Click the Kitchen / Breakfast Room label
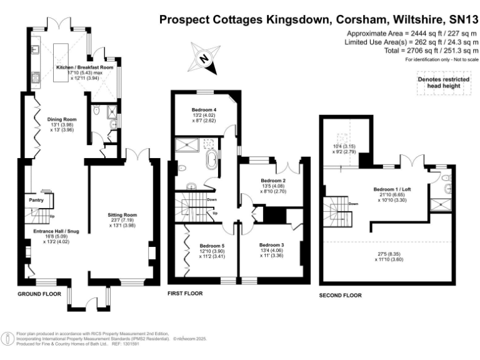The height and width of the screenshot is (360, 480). [x=84, y=67]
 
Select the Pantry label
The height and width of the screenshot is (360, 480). [x=36, y=200]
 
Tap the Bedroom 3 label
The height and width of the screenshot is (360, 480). [x=272, y=244]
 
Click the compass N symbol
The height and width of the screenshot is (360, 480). [x=203, y=59]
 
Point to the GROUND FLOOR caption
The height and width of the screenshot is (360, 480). [x=38, y=293]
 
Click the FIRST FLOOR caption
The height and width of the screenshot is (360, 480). [x=186, y=292]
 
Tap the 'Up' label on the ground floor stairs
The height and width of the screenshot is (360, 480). [x=52, y=217]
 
